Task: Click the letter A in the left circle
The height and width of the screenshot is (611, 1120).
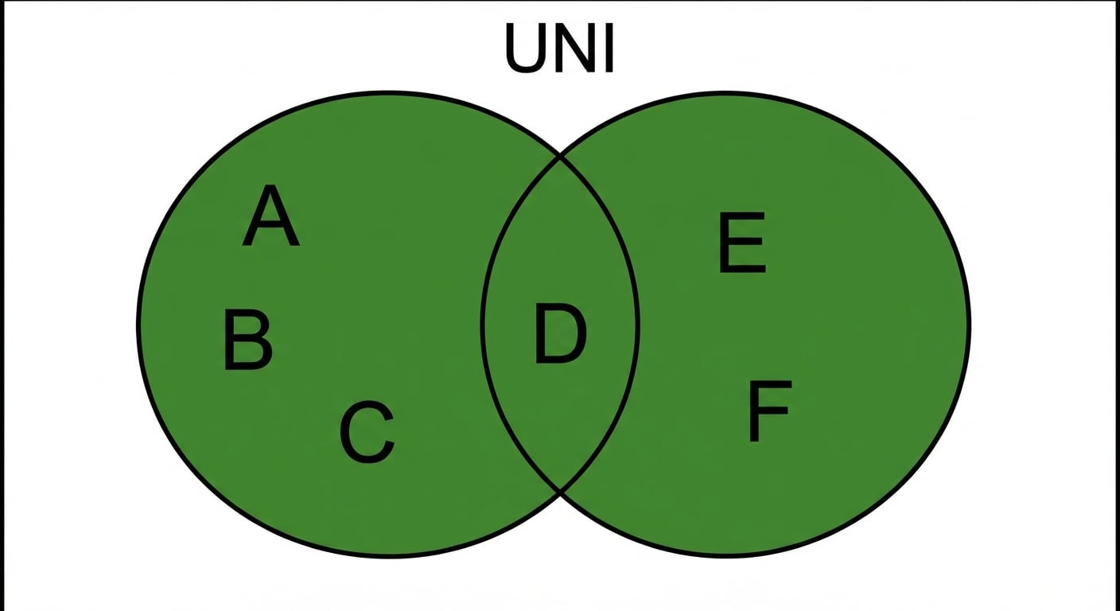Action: pos(270,216)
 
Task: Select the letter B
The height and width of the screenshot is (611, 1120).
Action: pos(248,340)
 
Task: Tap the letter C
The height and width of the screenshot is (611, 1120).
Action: pos(367,432)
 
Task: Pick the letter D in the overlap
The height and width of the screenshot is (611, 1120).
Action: pos(560,333)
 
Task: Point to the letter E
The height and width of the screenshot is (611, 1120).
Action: pos(742,243)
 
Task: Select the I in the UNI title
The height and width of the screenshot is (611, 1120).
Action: pos(609,48)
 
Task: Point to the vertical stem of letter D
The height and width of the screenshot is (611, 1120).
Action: pos(540,333)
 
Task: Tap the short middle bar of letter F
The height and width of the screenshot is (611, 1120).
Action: pos(768,411)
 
